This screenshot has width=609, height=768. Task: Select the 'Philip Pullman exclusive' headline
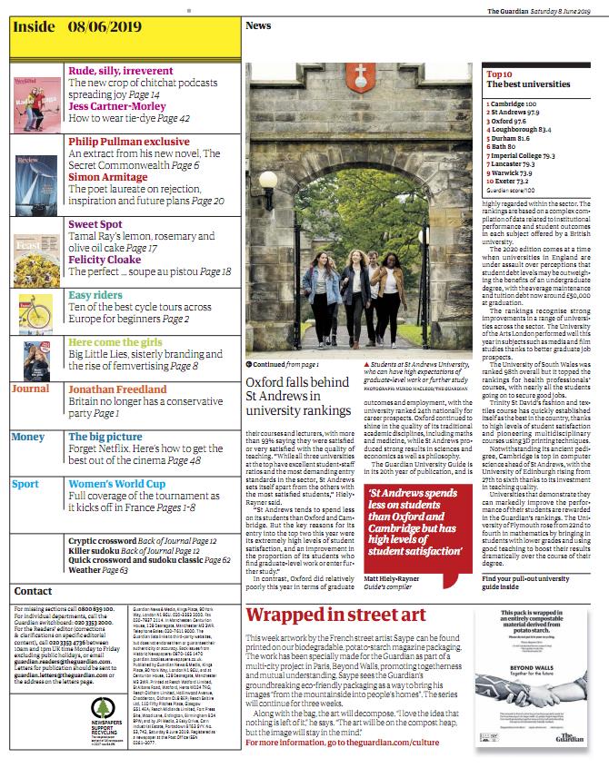(129, 142)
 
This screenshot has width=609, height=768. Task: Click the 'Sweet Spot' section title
(95, 223)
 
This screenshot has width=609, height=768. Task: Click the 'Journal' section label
(30, 389)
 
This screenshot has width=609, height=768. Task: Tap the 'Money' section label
(27, 437)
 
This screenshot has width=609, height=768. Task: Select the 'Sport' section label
(25, 484)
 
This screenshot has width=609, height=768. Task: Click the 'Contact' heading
(33, 591)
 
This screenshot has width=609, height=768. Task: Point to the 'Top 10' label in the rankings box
(500, 74)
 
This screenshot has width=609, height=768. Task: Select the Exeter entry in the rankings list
(508, 182)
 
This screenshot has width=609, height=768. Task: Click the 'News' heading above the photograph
(257, 26)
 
